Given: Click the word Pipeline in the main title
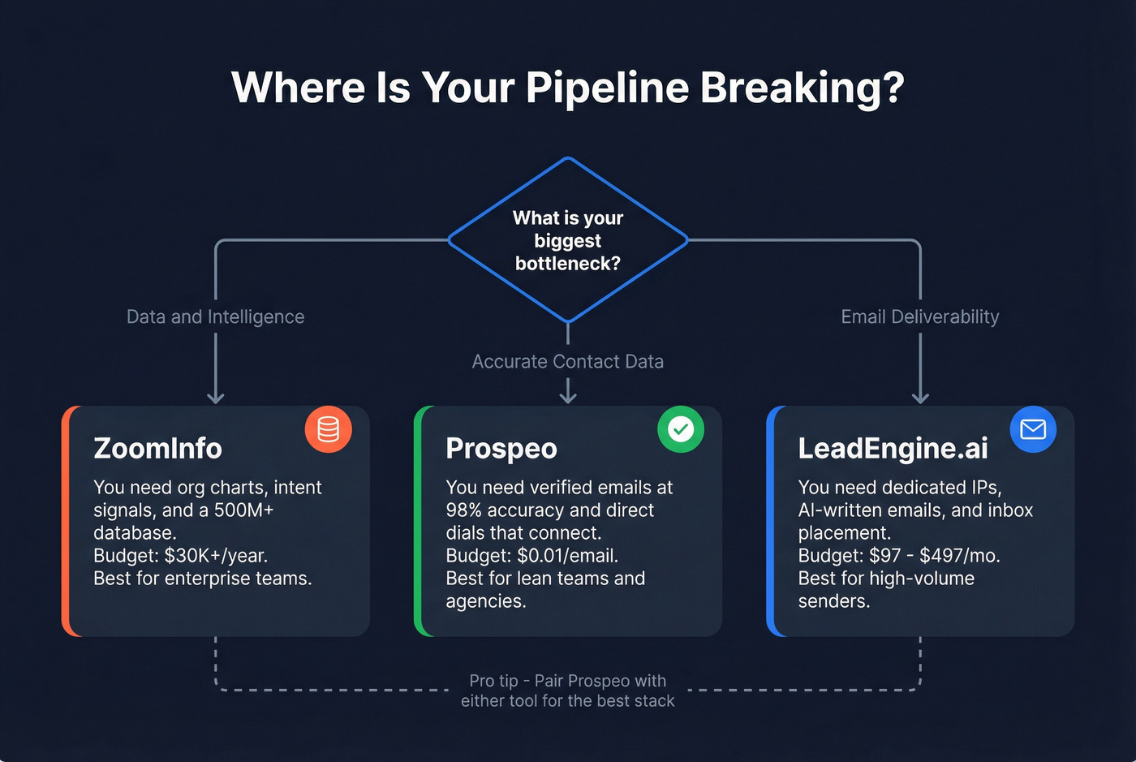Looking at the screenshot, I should coord(607,88).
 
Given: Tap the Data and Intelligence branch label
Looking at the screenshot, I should coord(215,316).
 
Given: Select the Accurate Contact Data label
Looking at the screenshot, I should coord(568,361).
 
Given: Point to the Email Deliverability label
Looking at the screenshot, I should coord(919,316).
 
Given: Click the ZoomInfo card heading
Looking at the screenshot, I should coord(157,448).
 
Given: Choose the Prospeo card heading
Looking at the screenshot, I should coord(501,448).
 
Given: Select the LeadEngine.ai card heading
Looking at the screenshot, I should coord(893,448).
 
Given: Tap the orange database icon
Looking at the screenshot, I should coord(329,429).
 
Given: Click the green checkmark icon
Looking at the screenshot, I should coord(681,429).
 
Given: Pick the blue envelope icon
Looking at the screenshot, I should coord(1033,429).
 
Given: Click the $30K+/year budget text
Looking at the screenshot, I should coord(216,556).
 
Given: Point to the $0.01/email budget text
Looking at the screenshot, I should coord(567,556).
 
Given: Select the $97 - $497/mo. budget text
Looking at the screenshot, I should coord(934,556).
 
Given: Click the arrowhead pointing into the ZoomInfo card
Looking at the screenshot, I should coord(215,397).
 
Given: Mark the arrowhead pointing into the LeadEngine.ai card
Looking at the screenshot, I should coord(920,397).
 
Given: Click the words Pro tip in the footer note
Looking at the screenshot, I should coord(493,681).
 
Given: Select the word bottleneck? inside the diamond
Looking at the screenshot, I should coord(568,263).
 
